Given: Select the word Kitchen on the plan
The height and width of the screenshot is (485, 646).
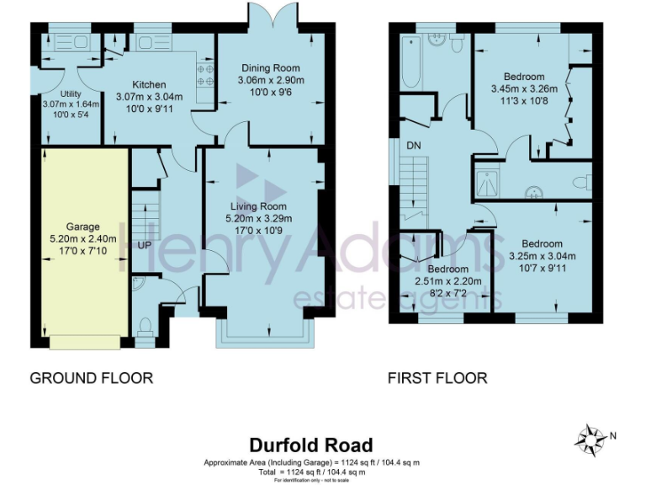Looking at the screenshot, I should (x=148, y=85).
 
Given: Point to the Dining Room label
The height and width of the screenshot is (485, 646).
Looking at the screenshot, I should (x=270, y=68).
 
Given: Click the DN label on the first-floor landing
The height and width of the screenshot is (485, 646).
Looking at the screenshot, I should (x=413, y=146).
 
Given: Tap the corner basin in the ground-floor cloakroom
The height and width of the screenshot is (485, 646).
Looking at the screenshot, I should (x=137, y=284).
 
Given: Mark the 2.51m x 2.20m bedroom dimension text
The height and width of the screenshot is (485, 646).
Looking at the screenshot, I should (x=442, y=281).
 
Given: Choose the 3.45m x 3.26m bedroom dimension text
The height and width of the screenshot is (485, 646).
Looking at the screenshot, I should (x=524, y=88).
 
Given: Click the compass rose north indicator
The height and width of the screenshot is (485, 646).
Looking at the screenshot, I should (x=593, y=438).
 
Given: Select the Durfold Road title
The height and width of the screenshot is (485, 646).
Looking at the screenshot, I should (x=310, y=445).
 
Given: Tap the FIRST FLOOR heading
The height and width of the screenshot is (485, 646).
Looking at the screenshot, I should (x=437, y=378).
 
